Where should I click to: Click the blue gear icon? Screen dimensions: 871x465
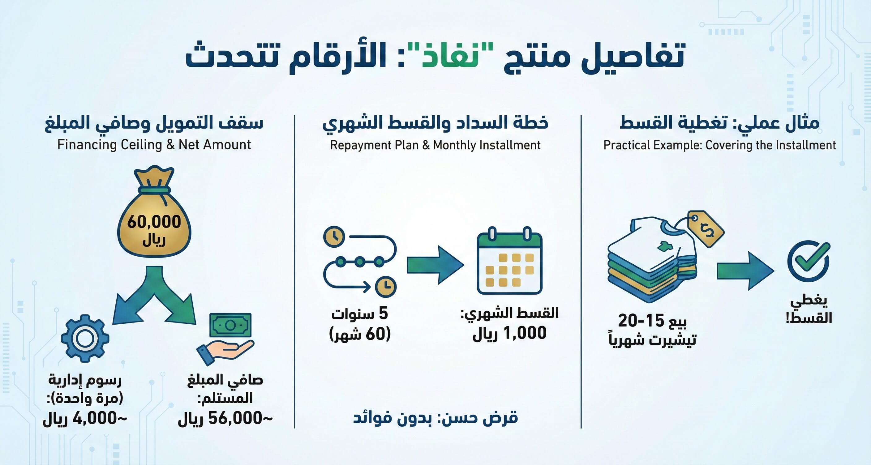pos(85,338)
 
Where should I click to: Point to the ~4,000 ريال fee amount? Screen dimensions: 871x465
pos(85,419)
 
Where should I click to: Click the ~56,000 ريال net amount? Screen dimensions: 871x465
pos(225,419)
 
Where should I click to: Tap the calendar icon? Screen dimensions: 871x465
pos(509,261)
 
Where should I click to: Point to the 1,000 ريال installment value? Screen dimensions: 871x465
pos(509,333)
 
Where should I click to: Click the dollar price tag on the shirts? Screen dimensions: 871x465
pos(706,228)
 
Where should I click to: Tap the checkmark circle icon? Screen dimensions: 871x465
pos(809,261)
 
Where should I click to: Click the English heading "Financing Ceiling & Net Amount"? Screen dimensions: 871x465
pos(154,145)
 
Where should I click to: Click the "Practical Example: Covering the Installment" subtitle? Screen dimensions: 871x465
pos(720,145)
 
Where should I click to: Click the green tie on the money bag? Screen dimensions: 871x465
pos(154,190)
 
